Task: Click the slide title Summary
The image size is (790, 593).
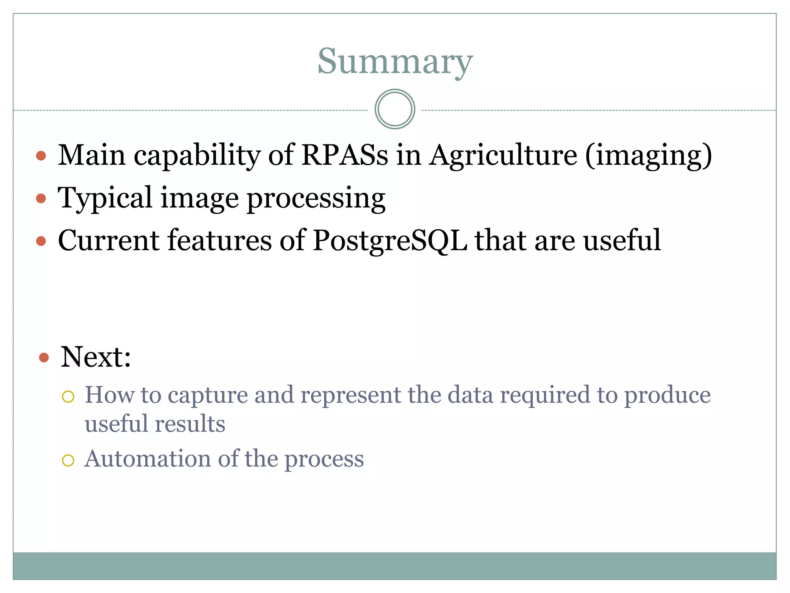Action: (395, 62)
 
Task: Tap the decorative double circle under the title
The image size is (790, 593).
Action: (395, 109)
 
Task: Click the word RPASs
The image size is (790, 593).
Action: (344, 155)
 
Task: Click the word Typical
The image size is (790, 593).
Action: (105, 198)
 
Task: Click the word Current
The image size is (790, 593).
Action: (108, 241)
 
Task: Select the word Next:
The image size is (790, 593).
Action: (96, 357)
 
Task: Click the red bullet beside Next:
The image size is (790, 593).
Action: (44, 357)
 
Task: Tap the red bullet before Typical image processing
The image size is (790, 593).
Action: (41, 198)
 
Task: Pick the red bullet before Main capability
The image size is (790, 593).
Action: (41, 156)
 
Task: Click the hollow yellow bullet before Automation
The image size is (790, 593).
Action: (68, 460)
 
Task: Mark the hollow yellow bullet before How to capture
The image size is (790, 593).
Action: (68, 396)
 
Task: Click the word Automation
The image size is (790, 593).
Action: (148, 459)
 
